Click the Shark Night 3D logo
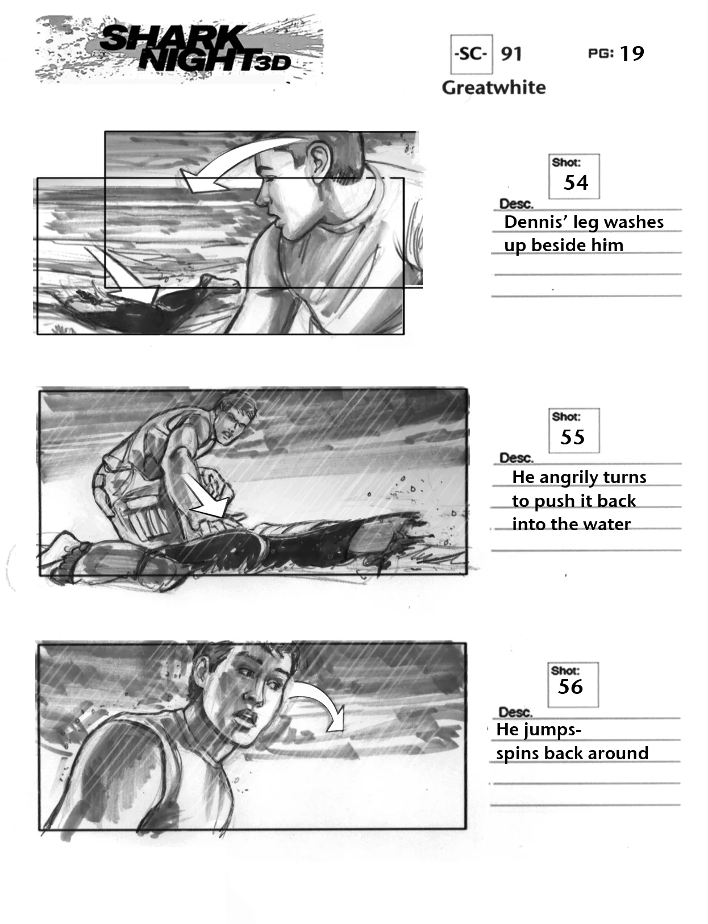point(178,49)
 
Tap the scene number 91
point(511,54)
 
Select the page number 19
point(631,53)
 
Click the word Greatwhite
point(493,88)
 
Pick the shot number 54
point(576,183)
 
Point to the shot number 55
point(572,437)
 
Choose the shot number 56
point(570,686)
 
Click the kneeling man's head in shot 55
point(236,419)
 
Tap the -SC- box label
point(471,54)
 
